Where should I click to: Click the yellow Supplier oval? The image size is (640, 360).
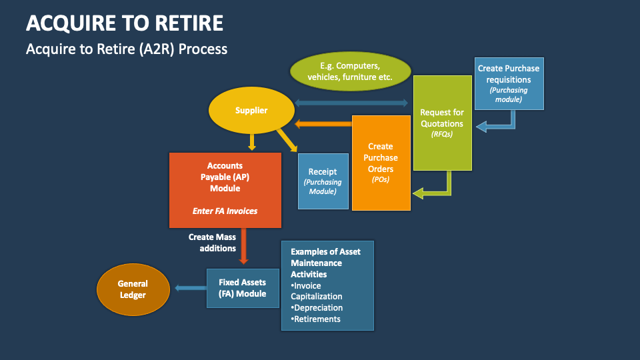click(251, 111)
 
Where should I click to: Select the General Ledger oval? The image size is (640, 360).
click(132, 289)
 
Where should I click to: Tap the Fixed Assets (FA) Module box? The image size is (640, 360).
click(242, 288)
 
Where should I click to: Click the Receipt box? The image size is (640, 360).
click(323, 181)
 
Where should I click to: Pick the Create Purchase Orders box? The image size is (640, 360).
click(381, 163)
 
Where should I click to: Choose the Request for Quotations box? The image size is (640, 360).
click(442, 123)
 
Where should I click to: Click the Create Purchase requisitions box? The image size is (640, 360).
click(509, 83)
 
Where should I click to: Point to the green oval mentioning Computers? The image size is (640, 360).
click(349, 72)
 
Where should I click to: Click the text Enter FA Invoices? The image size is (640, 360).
click(225, 211)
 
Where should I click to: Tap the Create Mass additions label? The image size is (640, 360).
click(212, 243)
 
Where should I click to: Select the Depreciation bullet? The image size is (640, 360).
click(317, 307)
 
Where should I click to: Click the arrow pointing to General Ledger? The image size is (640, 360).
click(190, 288)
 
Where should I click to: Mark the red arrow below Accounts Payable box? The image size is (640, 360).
click(244, 245)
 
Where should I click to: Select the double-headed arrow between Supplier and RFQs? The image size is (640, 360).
click(351, 103)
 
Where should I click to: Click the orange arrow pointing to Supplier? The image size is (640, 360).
click(323, 123)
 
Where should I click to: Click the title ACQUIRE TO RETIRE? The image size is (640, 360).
click(125, 23)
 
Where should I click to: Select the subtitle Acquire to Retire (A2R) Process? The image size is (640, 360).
click(127, 49)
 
